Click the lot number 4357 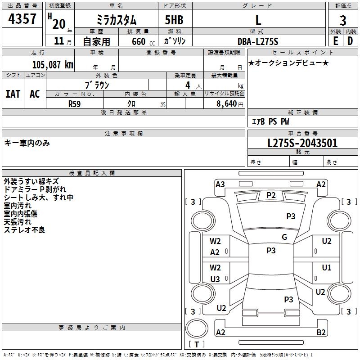click(x=22, y=18)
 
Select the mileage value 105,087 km click(x=53, y=65)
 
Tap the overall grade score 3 click(x=343, y=20)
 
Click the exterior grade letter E click(x=336, y=41)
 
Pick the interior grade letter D click(x=350, y=41)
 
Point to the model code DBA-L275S click(x=258, y=41)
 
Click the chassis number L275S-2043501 click(x=302, y=143)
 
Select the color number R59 click(x=74, y=104)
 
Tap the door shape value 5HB click(x=174, y=20)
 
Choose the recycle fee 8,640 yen click(x=229, y=104)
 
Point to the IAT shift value click(x=13, y=94)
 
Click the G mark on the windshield click(x=284, y=237)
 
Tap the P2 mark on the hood click(x=271, y=195)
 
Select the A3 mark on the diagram click(x=220, y=184)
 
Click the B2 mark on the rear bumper click(x=321, y=332)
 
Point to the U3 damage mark click(x=215, y=279)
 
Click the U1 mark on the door click(x=327, y=267)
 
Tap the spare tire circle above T click(x=197, y=328)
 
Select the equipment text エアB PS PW click(x=270, y=121)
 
